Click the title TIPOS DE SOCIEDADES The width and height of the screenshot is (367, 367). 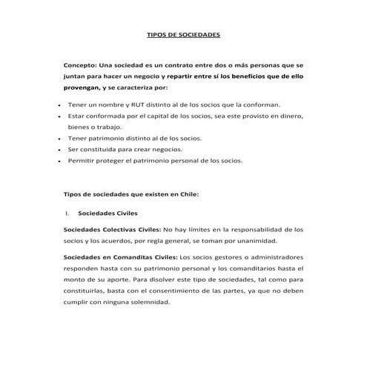pyautogui.click(x=183, y=36)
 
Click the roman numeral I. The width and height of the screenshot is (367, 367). pyautogui.click(x=67, y=213)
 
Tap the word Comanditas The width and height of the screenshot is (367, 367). pyautogui.click(x=131, y=257)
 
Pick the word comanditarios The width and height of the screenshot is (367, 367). pyautogui.click(x=251, y=268)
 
